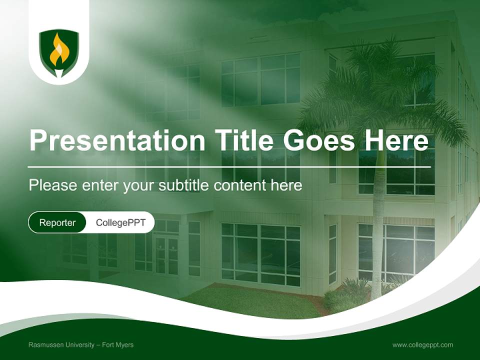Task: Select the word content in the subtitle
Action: coord(240,185)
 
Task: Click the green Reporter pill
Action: coord(57,222)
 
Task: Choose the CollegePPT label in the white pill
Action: coord(120,222)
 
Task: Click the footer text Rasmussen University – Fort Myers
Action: coord(81,345)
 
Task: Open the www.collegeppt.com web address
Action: coord(422,345)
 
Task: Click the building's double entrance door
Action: coord(166,255)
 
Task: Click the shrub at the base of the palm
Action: coord(345,295)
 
